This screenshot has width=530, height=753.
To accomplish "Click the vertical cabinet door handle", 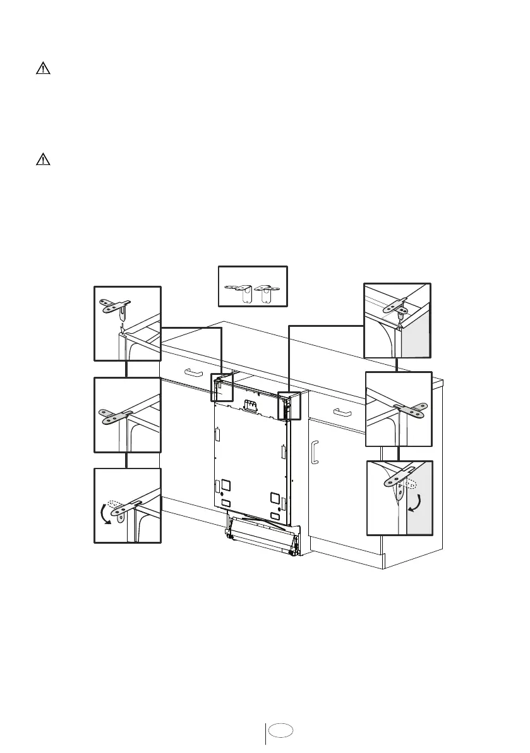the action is (315, 452).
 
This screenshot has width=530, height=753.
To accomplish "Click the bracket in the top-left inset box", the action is (116, 307).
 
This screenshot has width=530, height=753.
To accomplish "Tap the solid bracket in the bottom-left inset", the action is (124, 509).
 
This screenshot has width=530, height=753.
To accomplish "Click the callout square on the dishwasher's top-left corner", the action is (221, 387).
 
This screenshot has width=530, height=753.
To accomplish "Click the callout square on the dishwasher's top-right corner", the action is (289, 406).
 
